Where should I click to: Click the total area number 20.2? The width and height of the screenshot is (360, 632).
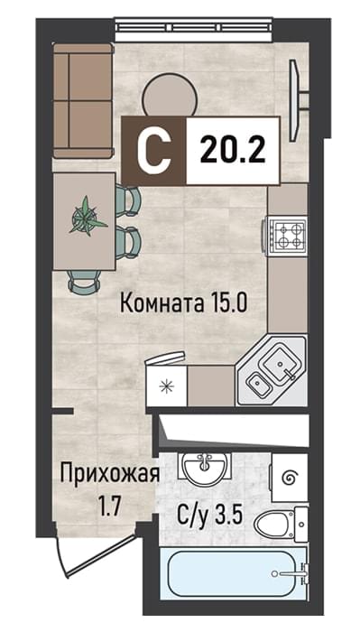coord(233,150)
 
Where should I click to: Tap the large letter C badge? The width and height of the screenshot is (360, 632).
coord(154,151)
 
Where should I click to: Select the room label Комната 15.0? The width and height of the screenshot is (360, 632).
coord(183,303)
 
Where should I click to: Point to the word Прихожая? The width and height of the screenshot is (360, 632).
coord(109,475)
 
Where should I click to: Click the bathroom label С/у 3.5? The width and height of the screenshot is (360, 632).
coord(210,516)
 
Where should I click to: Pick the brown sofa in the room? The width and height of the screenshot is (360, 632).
coord(83,101)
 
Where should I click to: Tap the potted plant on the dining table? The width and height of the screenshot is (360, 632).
coord(88,216)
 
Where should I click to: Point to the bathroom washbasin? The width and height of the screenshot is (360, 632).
coord(206,469)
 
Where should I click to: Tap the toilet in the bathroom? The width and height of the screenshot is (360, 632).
coord(281,525)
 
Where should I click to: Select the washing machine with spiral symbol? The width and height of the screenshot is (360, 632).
coord(290,478)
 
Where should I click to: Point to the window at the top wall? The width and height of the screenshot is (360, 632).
coord(194,30)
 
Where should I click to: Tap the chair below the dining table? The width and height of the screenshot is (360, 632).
coord(84,281)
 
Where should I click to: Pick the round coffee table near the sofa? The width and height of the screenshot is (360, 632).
coord(171,96)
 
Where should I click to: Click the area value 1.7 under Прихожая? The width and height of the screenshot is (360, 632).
coord(109,507)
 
